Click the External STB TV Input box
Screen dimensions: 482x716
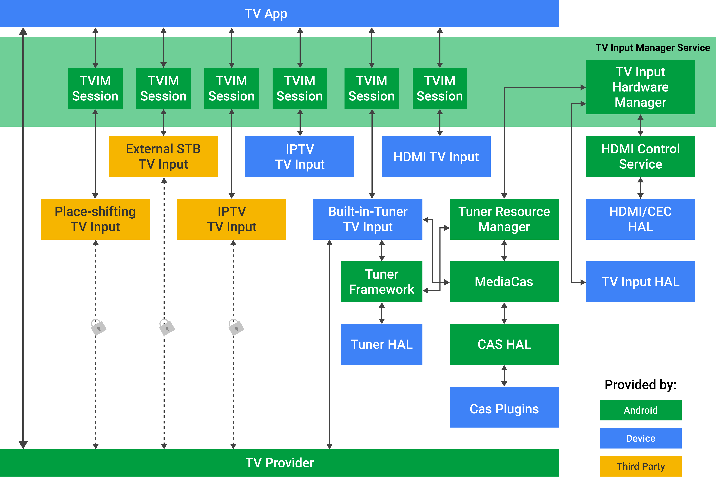point(163,156)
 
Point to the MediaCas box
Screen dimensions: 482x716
point(504,282)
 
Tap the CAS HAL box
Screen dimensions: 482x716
point(504,344)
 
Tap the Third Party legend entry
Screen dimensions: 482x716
point(641,466)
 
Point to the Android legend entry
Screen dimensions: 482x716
point(641,410)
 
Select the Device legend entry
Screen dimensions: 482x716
point(641,438)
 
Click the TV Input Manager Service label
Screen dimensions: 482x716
point(653,48)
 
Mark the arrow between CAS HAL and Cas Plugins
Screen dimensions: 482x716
point(504,376)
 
